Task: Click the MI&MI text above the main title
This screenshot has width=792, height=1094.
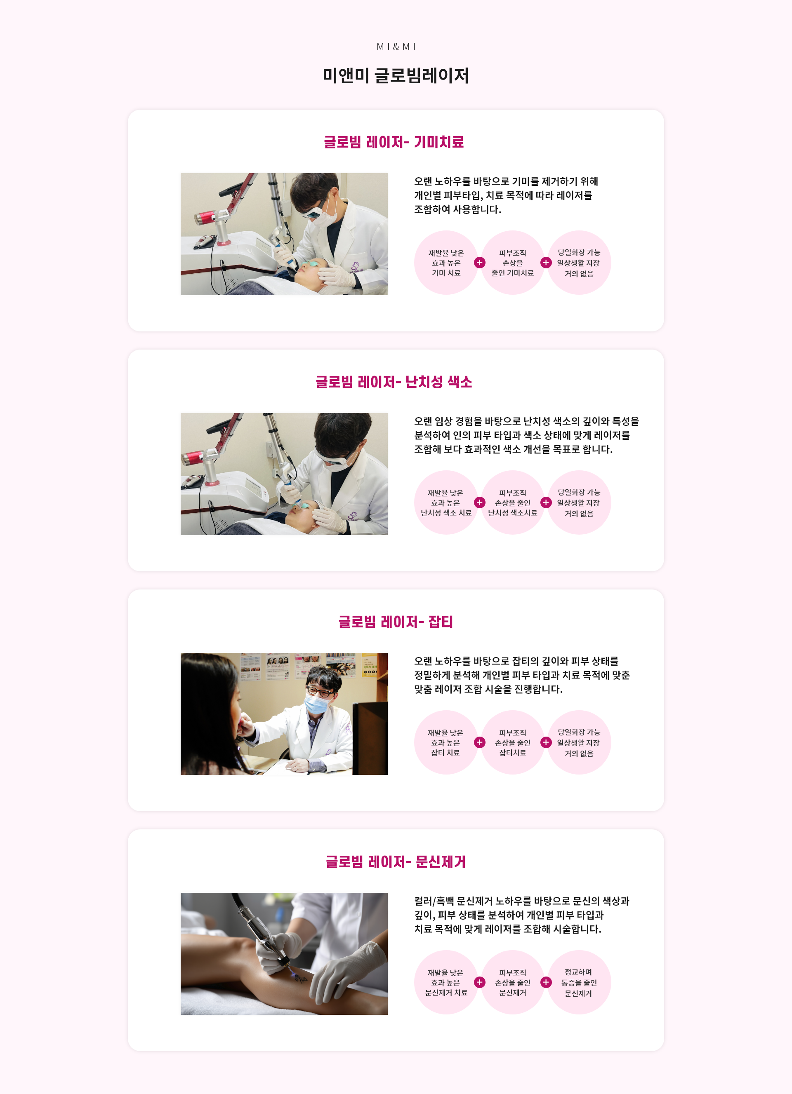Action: click(396, 47)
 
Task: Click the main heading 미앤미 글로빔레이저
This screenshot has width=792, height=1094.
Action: click(396, 76)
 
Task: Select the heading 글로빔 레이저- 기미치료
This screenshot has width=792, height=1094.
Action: click(394, 142)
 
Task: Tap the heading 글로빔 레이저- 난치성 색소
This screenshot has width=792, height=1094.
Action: click(394, 382)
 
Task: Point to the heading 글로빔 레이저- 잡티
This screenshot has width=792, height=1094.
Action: click(396, 622)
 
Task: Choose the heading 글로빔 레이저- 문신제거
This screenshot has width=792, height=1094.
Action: click(396, 862)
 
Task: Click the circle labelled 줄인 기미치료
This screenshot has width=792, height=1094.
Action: click(513, 263)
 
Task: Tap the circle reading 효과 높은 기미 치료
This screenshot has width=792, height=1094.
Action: click(446, 263)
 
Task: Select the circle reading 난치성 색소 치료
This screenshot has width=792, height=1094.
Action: click(446, 502)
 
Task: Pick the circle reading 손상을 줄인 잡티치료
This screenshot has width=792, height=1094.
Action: click(513, 742)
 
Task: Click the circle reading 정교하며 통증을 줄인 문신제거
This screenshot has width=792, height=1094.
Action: click(579, 982)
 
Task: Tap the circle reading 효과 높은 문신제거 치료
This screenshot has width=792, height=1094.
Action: click(446, 982)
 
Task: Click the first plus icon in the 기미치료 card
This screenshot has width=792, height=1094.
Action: click(479, 263)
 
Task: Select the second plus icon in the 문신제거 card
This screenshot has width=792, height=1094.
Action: click(546, 982)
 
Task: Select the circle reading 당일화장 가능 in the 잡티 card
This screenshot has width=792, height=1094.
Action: click(579, 742)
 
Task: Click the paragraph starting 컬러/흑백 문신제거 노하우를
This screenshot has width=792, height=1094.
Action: click(521, 915)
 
